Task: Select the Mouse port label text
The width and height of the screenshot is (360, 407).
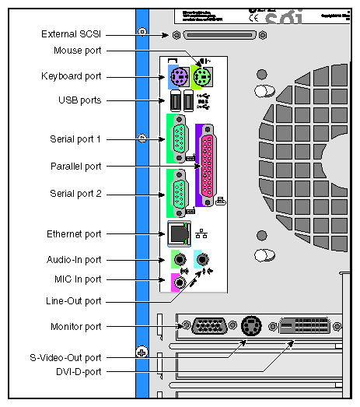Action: (x=77, y=51)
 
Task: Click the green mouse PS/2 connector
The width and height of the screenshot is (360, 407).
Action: (x=201, y=76)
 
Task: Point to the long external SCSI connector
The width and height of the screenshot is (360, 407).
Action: (x=216, y=35)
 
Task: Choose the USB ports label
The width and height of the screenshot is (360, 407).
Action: (x=80, y=100)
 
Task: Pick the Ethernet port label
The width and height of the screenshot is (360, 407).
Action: (x=74, y=233)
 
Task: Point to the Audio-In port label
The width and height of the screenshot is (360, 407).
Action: (x=75, y=260)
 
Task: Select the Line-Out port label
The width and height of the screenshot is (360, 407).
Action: (x=73, y=300)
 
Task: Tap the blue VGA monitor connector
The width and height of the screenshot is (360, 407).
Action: (x=208, y=326)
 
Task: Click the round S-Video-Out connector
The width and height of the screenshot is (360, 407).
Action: (x=251, y=326)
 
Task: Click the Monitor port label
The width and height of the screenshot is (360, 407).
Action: (x=75, y=327)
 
